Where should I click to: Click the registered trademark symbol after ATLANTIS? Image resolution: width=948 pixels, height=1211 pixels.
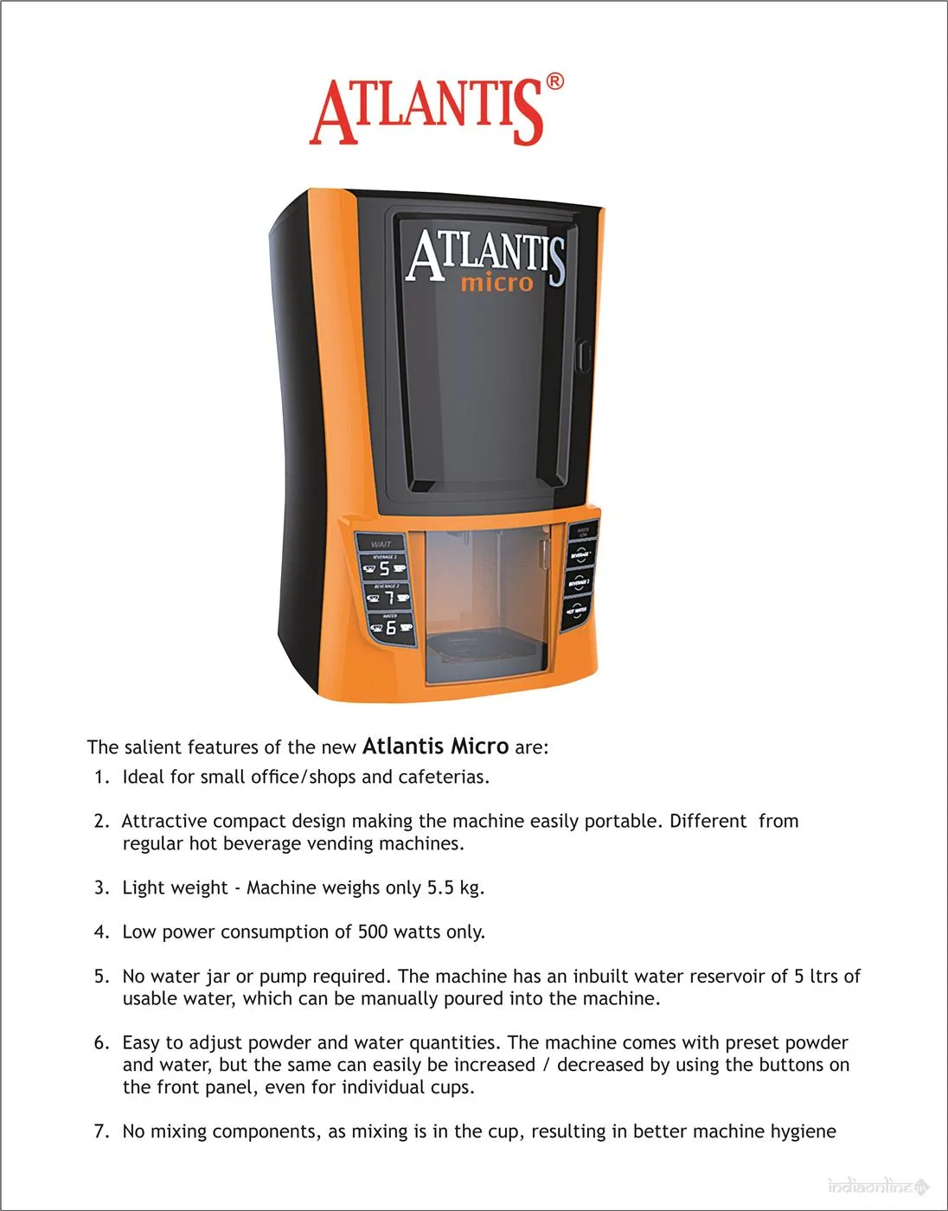pyautogui.click(x=554, y=81)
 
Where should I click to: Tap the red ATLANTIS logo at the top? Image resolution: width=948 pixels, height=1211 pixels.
pyautogui.click(x=427, y=112)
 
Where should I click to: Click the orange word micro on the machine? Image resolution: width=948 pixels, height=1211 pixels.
pyautogui.click(x=496, y=283)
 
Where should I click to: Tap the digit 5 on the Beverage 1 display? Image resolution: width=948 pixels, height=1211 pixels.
pyautogui.click(x=385, y=568)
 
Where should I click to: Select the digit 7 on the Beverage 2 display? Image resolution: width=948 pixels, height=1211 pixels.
pyautogui.click(x=389, y=598)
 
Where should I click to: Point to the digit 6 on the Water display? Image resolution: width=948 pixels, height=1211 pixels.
pyautogui.click(x=391, y=627)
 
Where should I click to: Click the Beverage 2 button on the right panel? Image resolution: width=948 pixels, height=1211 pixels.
pyautogui.click(x=579, y=584)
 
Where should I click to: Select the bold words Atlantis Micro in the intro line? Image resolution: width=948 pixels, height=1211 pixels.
pyautogui.click(x=435, y=746)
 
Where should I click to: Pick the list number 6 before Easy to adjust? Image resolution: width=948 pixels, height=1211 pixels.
pyautogui.click(x=100, y=1042)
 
